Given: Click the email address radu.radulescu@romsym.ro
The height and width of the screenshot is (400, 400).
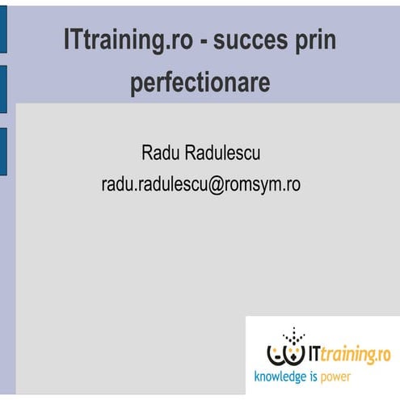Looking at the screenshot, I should tap(200, 183).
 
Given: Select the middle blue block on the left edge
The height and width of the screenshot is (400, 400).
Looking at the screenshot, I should tap(3, 89).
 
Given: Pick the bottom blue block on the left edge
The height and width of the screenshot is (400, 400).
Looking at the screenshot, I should tap(3, 151).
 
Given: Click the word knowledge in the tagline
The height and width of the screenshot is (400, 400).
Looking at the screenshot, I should tap(281, 377).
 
